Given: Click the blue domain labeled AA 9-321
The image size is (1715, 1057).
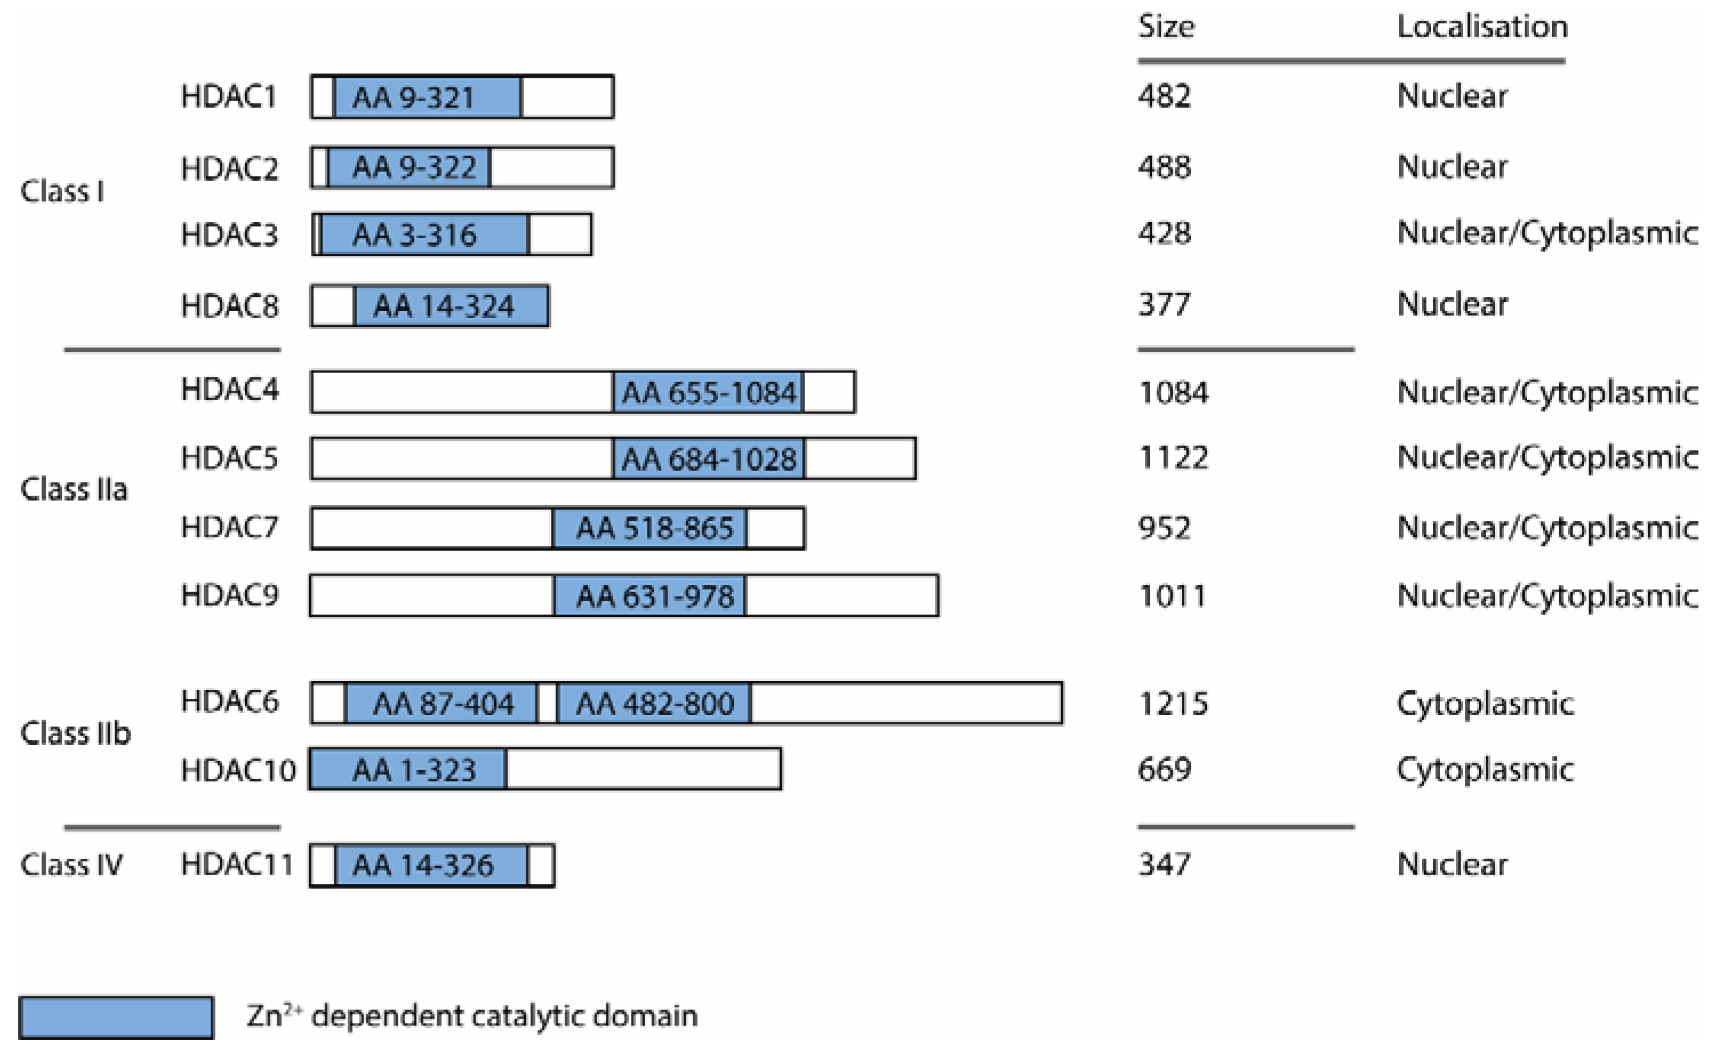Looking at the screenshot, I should [427, 97].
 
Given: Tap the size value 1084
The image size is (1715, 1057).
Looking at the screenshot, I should [1173, 392].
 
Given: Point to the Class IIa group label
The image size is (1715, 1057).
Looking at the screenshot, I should [74, 489].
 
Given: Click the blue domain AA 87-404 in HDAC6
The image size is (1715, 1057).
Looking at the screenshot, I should [442, 703].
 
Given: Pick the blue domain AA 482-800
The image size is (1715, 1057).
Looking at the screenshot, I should [654, 703].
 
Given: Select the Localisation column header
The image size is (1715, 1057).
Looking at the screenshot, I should [1482, 26].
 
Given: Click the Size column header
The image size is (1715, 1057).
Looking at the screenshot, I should [1166, 26].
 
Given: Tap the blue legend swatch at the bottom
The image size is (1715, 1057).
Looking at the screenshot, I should [116, 1017].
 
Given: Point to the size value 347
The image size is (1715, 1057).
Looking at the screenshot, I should [1164, 865].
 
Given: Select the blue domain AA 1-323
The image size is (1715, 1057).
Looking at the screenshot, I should [408, 769].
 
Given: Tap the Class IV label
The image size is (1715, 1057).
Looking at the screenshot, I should [71, 865].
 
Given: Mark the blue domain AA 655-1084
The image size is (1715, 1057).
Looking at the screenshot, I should [708, 393].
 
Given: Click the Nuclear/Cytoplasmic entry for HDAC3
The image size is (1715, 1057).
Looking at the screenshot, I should [1546, 233].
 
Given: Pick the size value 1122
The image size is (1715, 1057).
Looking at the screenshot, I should [1173, 458].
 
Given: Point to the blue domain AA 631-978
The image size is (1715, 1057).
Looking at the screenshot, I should [650, 596].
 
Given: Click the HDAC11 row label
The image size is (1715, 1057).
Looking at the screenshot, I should [236, 865].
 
